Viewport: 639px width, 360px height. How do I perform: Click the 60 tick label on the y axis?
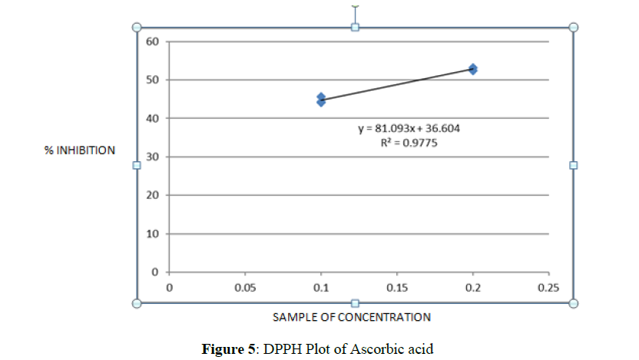(x=151, y=41)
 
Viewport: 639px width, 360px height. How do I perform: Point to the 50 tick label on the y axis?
(x=151, y=80)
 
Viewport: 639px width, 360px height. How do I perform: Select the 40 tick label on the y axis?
(x=151, y=118)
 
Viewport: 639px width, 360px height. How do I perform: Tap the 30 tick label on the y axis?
(x=151, y=157)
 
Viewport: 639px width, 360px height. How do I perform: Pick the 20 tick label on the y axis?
(x=151, y=195)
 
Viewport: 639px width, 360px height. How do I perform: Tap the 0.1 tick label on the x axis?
(x=321, y=287)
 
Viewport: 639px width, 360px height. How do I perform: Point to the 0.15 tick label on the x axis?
(x=396, y=287)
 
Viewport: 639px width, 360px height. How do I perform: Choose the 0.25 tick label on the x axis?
(x=548, y=287)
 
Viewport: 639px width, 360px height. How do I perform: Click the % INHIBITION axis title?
(x=80, y=150)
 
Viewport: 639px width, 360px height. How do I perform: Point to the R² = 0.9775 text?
(x=409, y=142)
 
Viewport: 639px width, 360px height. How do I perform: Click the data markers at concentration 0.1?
(x=321, y=99)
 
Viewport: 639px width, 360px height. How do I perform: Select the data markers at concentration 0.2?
(x=473, y=69)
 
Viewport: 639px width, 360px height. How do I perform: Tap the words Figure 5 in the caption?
(x=228, y=349)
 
